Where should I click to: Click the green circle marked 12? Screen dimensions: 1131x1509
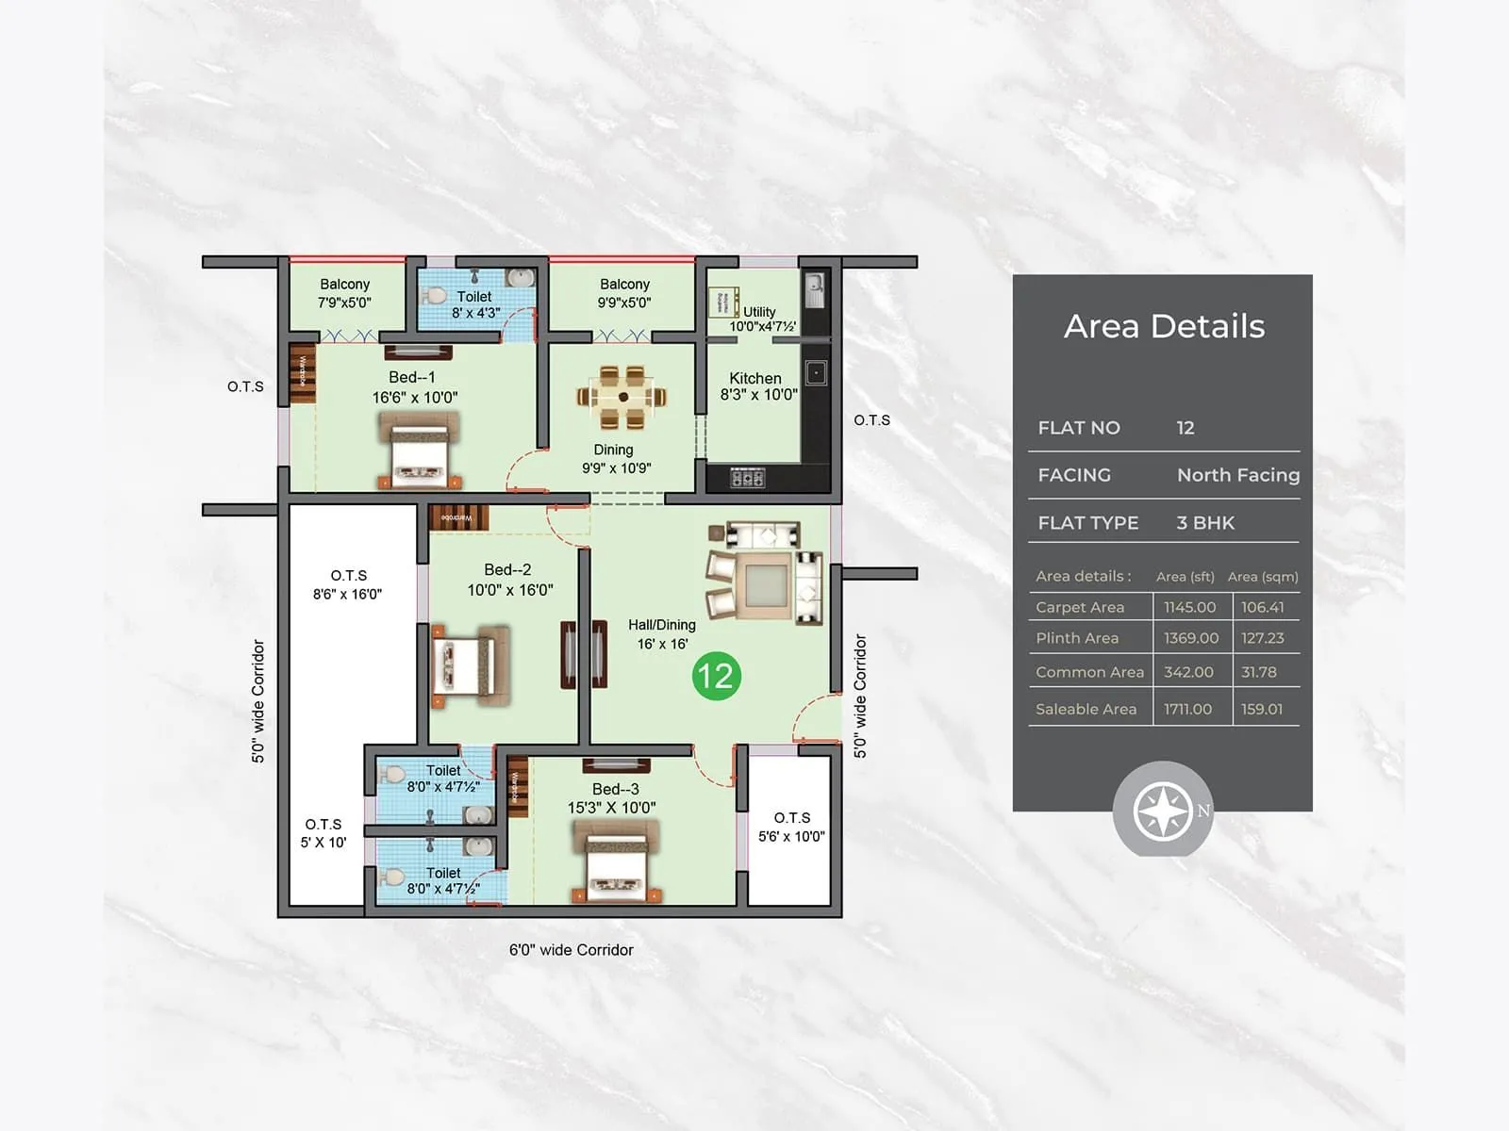click(716, 676)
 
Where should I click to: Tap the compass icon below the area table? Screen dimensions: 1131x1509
click(1162, 811)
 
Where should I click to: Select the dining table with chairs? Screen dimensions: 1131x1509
click(622, 397)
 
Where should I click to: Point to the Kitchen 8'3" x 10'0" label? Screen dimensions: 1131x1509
click(757, 386)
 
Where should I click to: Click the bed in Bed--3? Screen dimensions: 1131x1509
click(615, 860)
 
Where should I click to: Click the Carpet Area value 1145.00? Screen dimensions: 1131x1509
click(1189, 607)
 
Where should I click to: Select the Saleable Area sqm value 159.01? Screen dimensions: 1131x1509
click(1262, 709)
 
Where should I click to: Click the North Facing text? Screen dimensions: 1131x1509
click(1237, 475)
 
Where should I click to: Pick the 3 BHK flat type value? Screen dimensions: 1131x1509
click(1204, 522)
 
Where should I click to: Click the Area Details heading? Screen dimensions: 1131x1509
click(1164, 326)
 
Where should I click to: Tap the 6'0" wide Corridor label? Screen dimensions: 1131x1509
click(572, 950)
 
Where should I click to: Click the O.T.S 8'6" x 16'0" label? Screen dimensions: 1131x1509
click(348, 584)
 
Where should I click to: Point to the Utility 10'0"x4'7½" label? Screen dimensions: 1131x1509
click(762, 319)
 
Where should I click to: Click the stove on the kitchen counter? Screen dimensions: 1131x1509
click(747, 479)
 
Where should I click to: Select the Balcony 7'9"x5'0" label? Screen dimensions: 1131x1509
click(344, 293)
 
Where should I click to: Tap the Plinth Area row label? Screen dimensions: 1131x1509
click(1077, 638)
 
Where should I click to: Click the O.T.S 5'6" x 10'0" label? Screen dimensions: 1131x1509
click(791, 827)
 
